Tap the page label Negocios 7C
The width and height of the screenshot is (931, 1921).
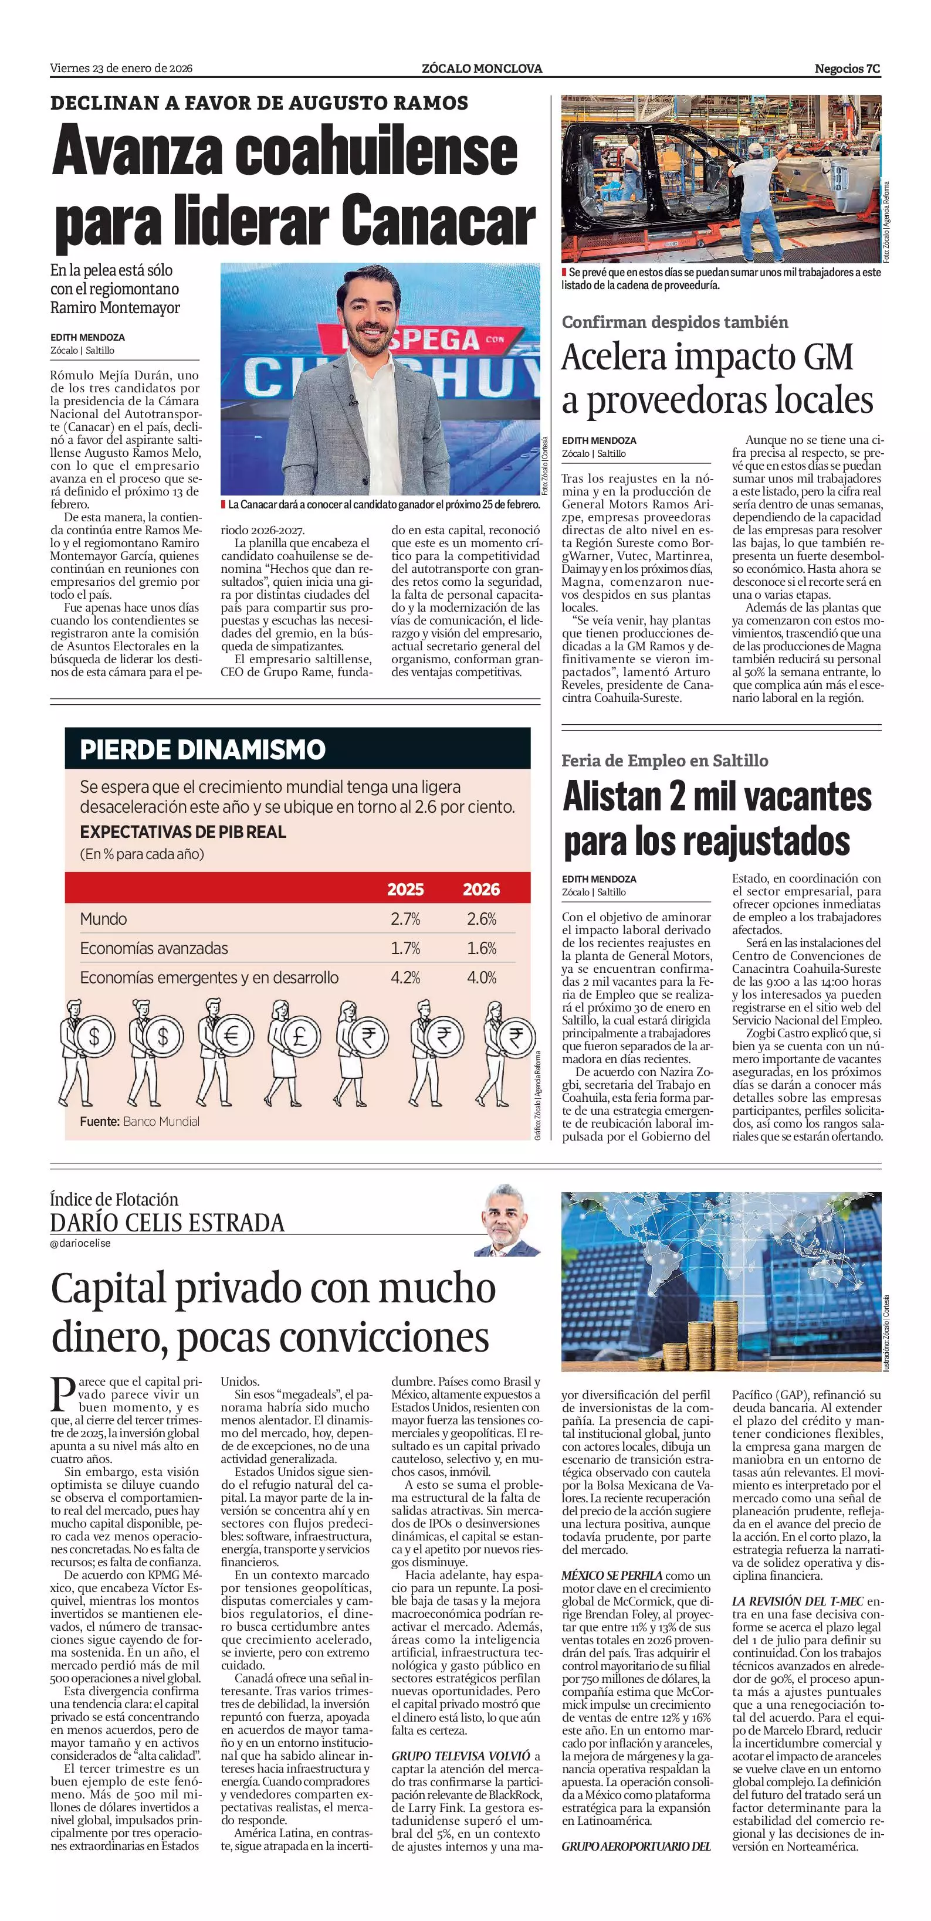(x=847, y=69)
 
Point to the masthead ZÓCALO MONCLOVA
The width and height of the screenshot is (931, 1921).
(x=482, y=69)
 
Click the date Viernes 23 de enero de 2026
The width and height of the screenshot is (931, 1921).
(x=121, y=69)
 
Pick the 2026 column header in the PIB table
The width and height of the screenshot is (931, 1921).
(x=481, y=889)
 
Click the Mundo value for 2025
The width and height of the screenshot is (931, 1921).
(x=405, y=919)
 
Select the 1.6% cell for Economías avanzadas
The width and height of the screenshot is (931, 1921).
(x=481, y=948)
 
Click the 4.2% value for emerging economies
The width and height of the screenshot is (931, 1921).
(x=405, y=977)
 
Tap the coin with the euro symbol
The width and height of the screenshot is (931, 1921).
(x=231, y=1036)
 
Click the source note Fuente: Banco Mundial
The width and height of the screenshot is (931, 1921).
(x=140, y=1121)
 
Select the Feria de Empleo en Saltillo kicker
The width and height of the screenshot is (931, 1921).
(x=665, y=761)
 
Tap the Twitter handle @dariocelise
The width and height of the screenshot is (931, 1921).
(x=80, y=1243)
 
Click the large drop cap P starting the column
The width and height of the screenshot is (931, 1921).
(x=62, y=1394)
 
